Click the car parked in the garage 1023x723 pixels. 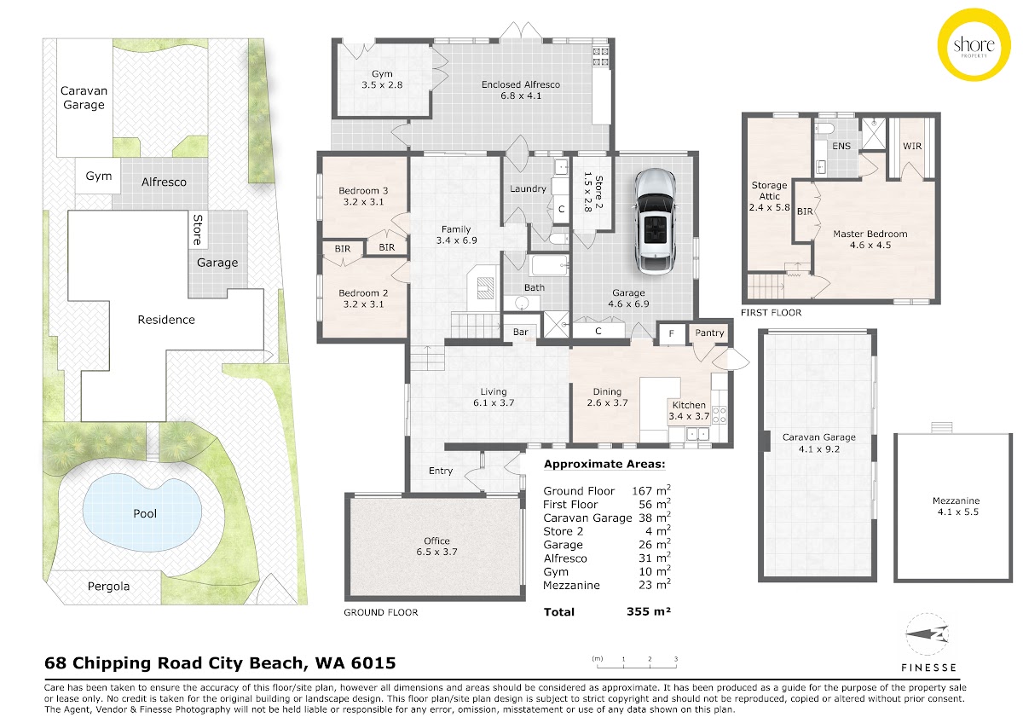(656, 222)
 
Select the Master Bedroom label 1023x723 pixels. (870, 234)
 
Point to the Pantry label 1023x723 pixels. (709, 333)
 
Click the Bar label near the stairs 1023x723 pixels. (521, 332)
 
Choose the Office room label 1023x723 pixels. (436, 541)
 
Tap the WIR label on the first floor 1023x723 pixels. (912, 146)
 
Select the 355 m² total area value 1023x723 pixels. (649, 611)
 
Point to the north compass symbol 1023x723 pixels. (928, 634)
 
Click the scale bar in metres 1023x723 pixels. (636, 663)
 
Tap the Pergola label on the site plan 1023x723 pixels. (108, 587)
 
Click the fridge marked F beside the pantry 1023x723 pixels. (672, 334)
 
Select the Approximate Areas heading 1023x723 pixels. (604, 465)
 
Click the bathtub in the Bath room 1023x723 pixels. (547, 265)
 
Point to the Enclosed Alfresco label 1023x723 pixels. (521, 84)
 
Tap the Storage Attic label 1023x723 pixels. (769, 190)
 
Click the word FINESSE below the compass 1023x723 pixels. (928, 668)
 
